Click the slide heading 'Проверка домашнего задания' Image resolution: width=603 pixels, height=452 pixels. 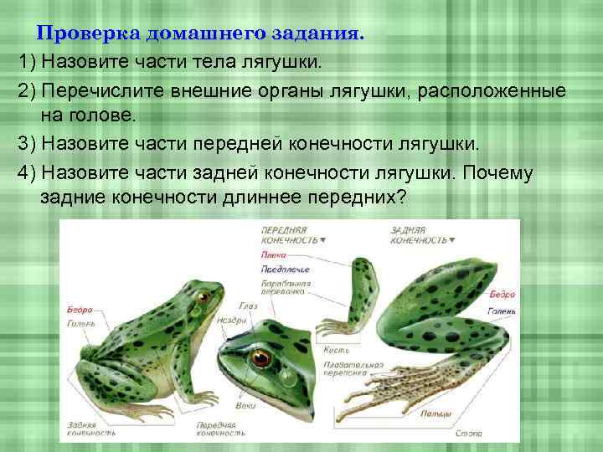point(201,35)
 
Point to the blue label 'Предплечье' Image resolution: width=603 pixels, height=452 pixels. point(286,270)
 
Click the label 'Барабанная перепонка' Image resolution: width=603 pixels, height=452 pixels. point(286,288)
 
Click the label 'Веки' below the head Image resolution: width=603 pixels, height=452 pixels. point(245,405)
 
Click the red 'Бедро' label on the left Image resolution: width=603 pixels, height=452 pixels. point(80,311)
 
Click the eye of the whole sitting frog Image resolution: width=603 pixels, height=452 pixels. point(201,297)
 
